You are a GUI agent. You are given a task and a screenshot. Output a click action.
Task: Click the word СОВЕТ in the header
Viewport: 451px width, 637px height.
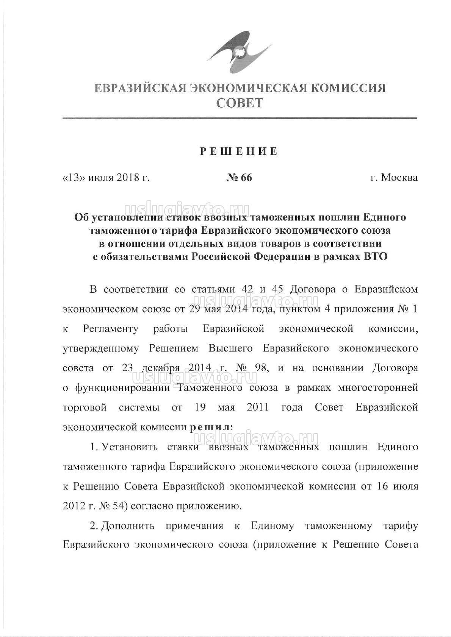(240, 103)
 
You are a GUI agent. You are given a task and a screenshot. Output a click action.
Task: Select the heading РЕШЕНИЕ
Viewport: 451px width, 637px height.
(239, 151)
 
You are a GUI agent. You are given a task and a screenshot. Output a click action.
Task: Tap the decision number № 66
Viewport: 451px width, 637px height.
(239, 178)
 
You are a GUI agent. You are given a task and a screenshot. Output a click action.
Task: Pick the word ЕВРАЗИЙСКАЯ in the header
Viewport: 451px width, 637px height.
(140, 88)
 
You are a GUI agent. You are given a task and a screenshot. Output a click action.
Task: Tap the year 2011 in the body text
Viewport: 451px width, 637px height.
(258, 407)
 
